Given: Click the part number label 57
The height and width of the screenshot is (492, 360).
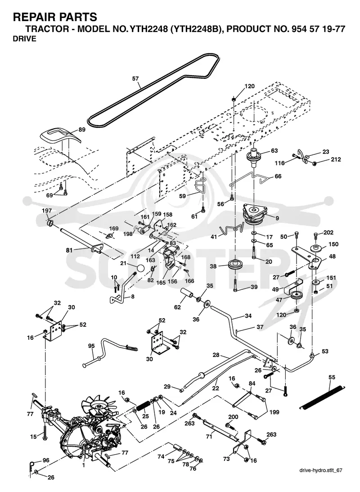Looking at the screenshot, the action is point(135,78).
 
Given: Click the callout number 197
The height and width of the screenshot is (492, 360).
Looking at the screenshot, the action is point(47,211).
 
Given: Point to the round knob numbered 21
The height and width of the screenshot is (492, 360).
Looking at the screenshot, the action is point(141,269).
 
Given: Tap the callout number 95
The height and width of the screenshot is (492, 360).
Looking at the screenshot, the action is point(91,346).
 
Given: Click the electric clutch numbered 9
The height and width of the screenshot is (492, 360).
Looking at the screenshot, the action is point(254,214).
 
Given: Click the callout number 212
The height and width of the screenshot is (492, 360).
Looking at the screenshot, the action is point(336,159).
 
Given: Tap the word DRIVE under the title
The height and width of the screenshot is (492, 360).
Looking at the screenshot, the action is point(24,39).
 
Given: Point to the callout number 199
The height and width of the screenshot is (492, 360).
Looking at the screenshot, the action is point(274,412).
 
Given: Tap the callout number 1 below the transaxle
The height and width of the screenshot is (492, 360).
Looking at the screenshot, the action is point(83,465).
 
